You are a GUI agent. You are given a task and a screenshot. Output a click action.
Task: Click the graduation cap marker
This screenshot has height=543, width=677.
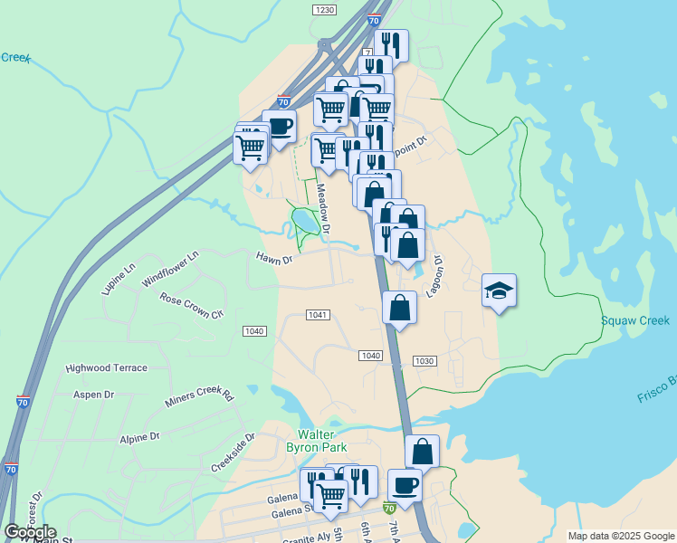499,291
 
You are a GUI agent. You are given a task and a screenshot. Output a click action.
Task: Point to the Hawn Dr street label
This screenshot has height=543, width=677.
274,260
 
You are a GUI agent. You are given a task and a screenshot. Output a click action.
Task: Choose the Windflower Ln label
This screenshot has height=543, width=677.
169,271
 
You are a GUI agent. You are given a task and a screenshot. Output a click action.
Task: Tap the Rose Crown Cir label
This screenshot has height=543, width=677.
191,306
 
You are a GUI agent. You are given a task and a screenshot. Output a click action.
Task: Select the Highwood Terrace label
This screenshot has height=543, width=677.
106,368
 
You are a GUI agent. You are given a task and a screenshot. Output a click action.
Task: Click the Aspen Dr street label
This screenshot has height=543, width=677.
93,395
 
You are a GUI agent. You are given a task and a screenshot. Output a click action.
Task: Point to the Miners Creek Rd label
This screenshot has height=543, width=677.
199,396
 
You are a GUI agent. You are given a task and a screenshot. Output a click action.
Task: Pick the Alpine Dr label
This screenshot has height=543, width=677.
139,438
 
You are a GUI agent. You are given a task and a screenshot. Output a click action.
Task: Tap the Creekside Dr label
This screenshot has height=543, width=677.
234,452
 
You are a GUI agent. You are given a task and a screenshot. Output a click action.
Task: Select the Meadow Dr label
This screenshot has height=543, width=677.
323,212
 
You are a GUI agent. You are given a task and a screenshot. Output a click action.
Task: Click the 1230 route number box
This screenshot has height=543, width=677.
324,9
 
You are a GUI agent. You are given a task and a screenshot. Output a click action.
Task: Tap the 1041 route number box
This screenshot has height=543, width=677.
317,315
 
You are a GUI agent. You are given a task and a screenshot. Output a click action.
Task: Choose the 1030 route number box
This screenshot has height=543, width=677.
424,361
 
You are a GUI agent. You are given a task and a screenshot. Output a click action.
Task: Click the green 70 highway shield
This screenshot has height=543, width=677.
388,509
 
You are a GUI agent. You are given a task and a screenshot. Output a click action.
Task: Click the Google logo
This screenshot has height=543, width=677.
30,532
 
